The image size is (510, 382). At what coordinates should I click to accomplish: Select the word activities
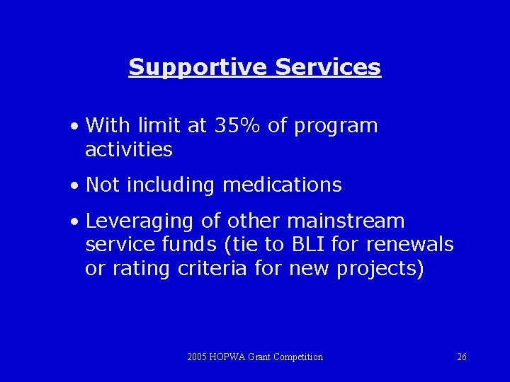(x=128, y=149)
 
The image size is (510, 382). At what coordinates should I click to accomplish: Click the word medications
(x=282, y=185)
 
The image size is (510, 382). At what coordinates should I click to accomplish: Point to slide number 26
(x=461, y=357)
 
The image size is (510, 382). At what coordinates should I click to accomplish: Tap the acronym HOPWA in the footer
(x=227, y=357)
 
